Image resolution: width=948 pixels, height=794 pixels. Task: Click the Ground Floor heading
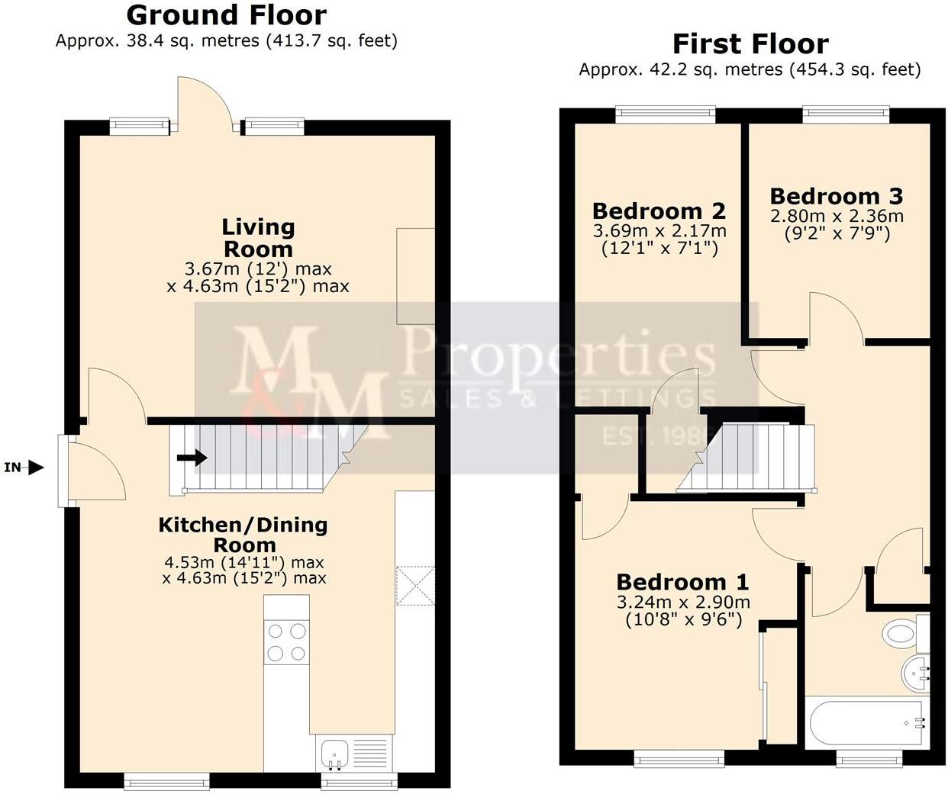pos(226,14)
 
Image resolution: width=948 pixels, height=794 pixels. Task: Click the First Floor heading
pos(750,43)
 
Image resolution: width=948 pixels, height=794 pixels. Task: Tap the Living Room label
pos(258,237)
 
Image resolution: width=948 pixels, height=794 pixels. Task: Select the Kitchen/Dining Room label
pos(243,534)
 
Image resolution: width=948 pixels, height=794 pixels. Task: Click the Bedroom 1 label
pos(682,582)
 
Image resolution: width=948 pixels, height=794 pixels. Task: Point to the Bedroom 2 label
pos(659,211)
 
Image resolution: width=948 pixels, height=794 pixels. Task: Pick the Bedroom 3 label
pos(836,196)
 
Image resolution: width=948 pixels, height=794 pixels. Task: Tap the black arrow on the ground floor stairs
pos(192,458)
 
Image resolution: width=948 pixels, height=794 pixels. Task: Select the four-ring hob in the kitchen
pos(286,642)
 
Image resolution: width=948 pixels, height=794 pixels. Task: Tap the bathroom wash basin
pos(915,672)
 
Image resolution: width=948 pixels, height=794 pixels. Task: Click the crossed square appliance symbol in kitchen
pos(414,585)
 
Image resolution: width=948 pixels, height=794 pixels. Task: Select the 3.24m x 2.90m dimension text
pos(682,602)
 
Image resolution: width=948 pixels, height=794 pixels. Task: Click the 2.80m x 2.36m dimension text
pos(837,216)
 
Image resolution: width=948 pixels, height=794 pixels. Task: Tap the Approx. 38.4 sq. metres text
pos(226,40)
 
